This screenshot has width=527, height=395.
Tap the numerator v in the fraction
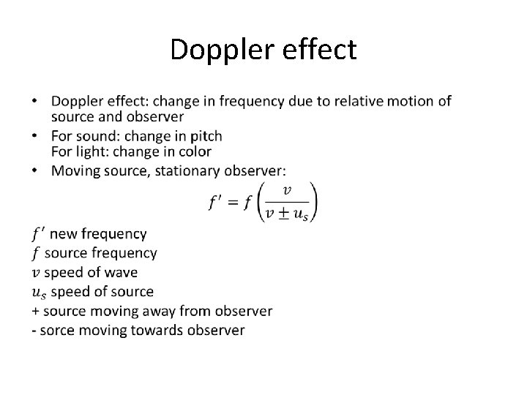click(x=288, y=190)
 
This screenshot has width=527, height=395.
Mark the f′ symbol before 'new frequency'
click(x=38, y=234)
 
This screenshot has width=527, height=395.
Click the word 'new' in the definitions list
click(x=63, y=234)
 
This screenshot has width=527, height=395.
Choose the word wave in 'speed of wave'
click(x=121, y=273)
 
